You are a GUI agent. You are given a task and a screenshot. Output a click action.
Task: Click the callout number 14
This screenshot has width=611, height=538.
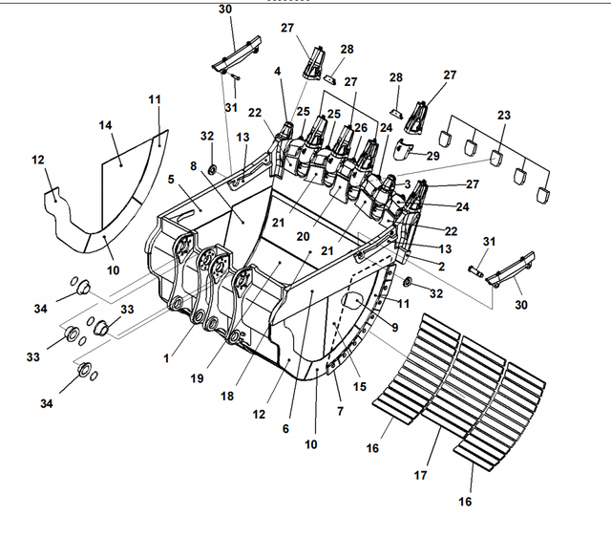(x=105, y=125)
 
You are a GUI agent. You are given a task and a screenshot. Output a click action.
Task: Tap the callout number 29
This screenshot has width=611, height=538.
(x=433, y=155)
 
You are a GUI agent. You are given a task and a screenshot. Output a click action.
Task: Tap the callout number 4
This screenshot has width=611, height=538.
(x=278, y=71)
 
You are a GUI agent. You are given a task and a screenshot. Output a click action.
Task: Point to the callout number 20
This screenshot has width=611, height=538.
(x=303, y=235)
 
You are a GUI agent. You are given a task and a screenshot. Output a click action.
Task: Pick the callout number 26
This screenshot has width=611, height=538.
(x=360, y=127)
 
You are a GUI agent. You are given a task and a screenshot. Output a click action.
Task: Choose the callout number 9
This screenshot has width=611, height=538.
(x=394, y=326)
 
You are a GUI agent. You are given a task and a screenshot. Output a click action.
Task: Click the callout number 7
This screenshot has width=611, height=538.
(x=339, y=410)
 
